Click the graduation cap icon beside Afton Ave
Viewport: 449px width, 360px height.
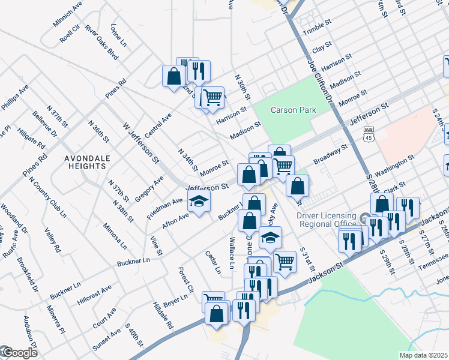tap(199, 200)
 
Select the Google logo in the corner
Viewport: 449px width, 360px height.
tap(19, 353)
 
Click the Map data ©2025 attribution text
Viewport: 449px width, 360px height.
tap(423, 355)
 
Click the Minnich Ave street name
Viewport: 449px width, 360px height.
tap(67, 14)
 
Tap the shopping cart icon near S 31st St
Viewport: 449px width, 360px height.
tap(284, 262)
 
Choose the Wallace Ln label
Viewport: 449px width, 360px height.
tap(232, 253)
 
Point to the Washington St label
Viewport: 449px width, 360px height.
tap(394, 163)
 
